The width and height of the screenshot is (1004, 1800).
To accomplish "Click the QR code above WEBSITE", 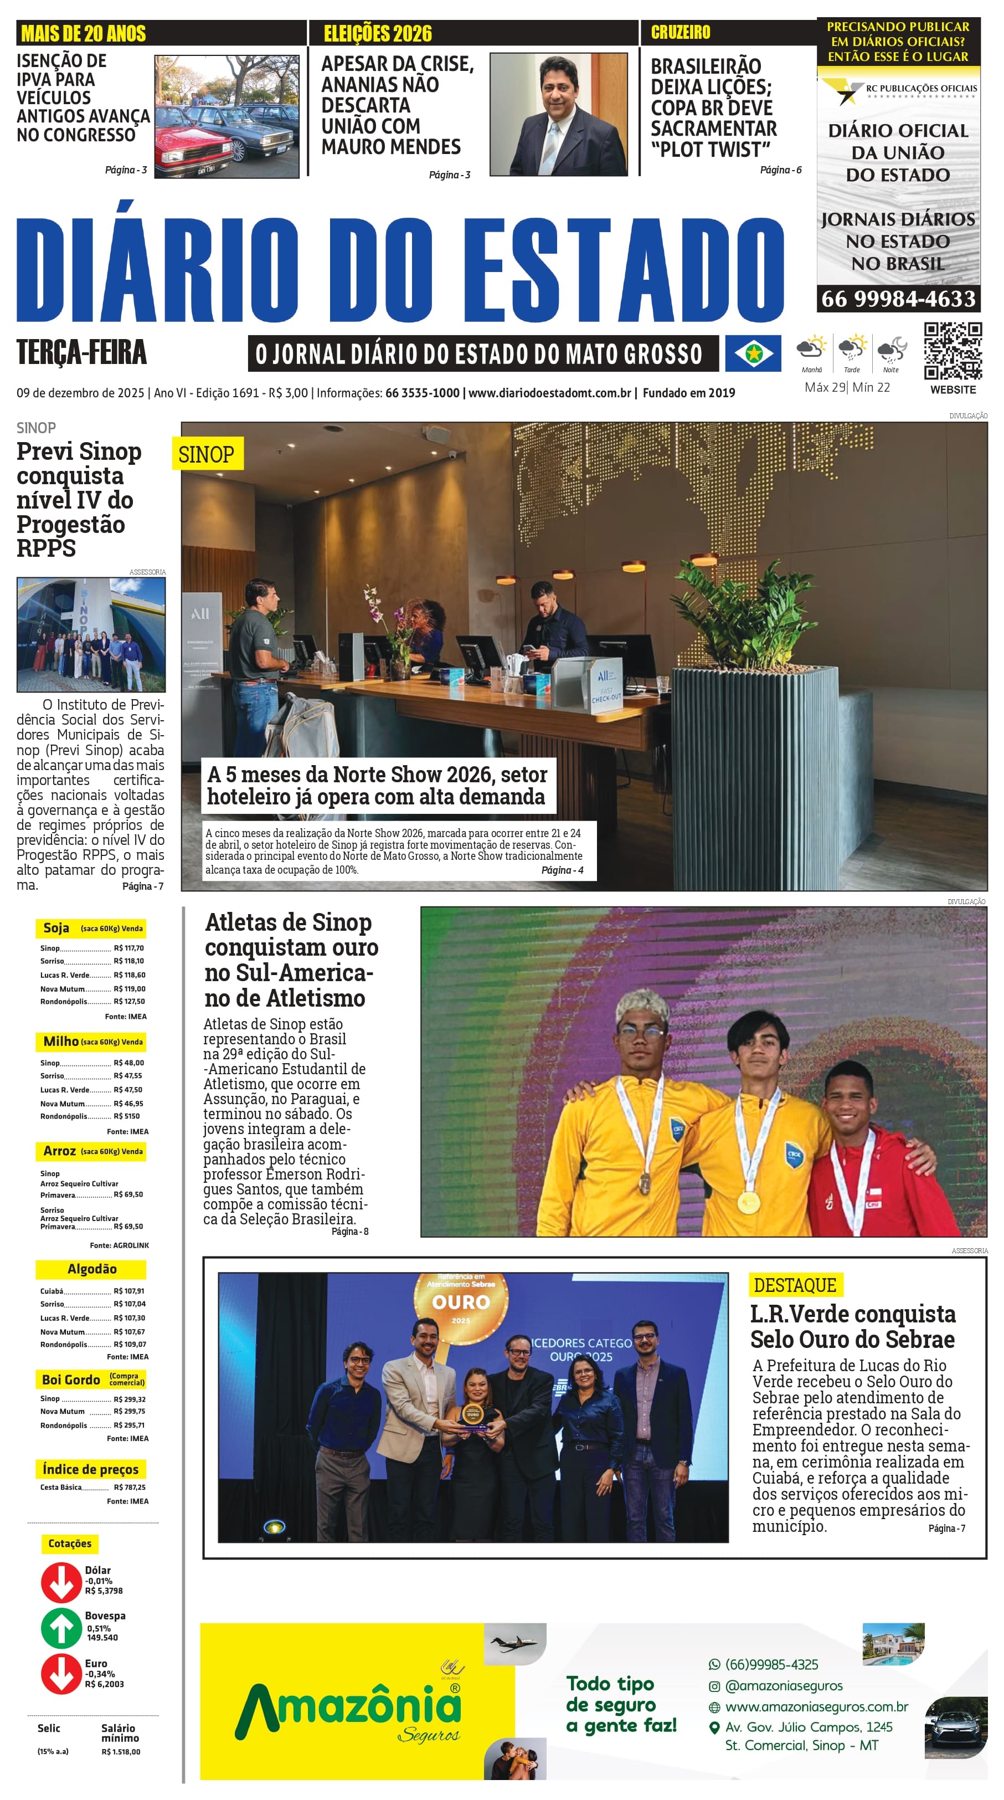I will tap(952, 351).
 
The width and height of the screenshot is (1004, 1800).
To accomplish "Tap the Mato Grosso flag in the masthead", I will tap(753, 353).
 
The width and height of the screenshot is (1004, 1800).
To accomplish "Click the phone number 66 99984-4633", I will tap(898, 299).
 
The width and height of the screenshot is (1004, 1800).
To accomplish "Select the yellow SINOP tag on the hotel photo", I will tap(207, 454).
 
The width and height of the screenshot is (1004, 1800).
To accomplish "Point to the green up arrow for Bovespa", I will tap(61, 1628).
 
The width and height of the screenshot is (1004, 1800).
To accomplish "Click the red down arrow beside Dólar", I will tap(61, 1581).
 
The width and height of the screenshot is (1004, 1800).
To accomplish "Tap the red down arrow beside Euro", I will tap(61, 1674).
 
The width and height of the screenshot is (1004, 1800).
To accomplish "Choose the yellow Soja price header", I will tap(91, 928).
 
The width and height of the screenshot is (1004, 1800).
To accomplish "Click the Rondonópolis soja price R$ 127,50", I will tap(129, 1001).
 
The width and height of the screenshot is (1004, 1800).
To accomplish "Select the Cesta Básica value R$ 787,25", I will tap(129, 1487).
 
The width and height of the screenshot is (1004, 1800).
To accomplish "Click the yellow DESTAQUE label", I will tap(795, 1285).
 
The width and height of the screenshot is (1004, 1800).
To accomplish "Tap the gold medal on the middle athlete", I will tap(748, 1201).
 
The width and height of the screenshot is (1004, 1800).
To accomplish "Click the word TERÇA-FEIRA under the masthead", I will tap(82, 352).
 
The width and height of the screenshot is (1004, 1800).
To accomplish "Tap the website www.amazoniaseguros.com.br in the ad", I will tap(816, 1706).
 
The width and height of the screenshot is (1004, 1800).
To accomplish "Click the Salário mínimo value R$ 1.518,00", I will tap(121, 1752).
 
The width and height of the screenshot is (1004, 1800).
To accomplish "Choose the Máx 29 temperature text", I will tap(825, 387).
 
